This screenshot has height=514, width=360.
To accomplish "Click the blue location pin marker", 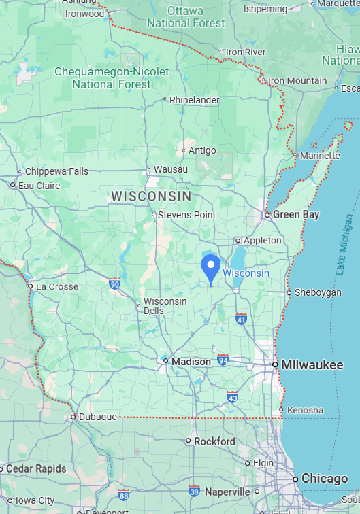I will pyautogui.click(x=211, y=267).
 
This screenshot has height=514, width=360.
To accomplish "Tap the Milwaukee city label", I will pyautogui.click(x=312, y=365).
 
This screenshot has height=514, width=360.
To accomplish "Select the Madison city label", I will pyautogui.click(x=191, y=362).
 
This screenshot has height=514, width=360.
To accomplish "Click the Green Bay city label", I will pyautogui.click(x=296, y=215).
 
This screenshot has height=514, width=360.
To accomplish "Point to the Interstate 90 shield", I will pyautogui.click(x=114, y=284).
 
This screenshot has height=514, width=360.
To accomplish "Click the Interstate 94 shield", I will pyautogui.click(x=223, y=358).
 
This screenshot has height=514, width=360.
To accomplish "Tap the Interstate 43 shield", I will pyautogui.click(x=233, y=396).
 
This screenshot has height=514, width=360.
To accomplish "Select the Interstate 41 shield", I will pyautogui.click(x=241, y=318).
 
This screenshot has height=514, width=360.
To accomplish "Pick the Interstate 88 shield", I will pyautogui.click(x=123, y=495).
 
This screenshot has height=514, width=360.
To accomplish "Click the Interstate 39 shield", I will pyautogui.click(x=195, y=491).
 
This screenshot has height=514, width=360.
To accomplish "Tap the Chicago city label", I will pyautogui.click(x=325, y=479).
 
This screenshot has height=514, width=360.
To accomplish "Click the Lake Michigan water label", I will pyautogui.click(x=345, y=245).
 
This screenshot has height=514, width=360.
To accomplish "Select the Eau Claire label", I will pyautogui.click(x=39, y=185).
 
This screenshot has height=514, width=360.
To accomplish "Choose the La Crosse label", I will pyautogui.click(x=57, y=286).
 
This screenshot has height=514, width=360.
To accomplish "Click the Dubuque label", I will pyautogui.click(x=98, y=417).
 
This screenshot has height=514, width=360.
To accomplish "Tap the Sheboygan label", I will pyautogui.click(x=318, y=292).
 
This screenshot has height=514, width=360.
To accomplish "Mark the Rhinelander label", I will pyautogui.click(x=195, y=100).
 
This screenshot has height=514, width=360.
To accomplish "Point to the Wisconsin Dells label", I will pyautogui.click(x=165, y=306).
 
